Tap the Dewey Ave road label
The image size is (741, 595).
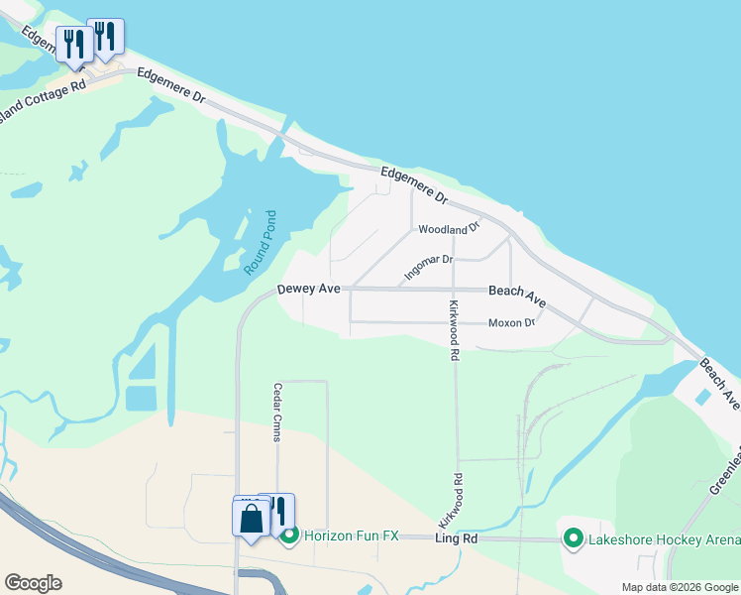tap(308, 289)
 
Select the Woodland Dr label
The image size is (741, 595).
tap(448, 229)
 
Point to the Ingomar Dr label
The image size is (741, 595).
tap(428, 266)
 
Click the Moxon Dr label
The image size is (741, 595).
tap(511, 322)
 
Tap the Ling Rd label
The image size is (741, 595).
tap(457, 536)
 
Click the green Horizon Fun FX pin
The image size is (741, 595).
tap(289, 536)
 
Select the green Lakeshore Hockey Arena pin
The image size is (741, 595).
tap(573, 538)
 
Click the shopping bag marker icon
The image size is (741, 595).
tap(251, 518)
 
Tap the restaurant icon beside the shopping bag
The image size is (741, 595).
tap(279, 511)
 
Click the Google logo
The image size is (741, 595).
tap(33, 582)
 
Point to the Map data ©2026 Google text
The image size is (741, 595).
tap(681, 587)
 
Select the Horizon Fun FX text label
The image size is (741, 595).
tap(351, 535)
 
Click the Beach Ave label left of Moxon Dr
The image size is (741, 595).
tap(517, 295)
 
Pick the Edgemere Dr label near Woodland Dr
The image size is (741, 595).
tap(415, 185)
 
